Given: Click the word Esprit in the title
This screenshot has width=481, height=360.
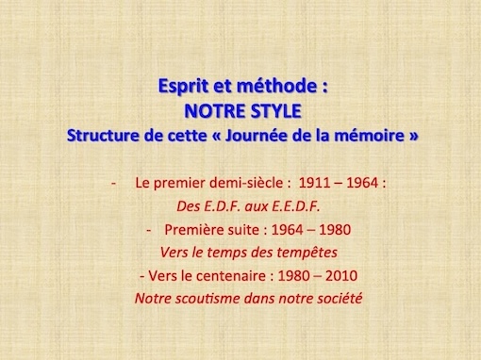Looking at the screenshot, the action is [x=183, y=86].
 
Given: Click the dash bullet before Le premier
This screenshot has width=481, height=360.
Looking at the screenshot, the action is [x=114, y=184].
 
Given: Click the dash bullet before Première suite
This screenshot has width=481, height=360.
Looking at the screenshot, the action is [x=149, y=231].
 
